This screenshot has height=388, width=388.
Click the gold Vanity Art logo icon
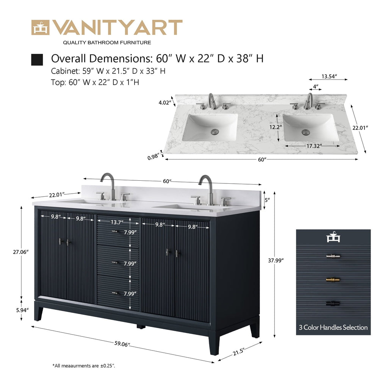[40, 27]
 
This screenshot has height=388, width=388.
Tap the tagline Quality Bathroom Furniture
[107, 42]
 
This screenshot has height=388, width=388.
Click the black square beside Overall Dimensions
[37, 59]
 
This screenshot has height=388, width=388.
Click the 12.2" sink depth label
[276, 127]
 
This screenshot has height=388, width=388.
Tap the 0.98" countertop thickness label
[153, 157]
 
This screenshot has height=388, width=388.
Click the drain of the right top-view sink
[306, 132]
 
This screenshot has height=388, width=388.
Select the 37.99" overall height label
[276, 260]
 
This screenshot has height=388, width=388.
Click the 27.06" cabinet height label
[21, 252]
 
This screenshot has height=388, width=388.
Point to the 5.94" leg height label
[22, 310]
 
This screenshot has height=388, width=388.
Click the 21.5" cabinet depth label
[239, 352]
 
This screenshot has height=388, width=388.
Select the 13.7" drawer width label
[117, 222]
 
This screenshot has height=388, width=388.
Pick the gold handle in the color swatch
[333, 280]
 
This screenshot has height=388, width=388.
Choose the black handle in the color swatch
[333, 303]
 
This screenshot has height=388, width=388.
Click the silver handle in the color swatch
[333, 257]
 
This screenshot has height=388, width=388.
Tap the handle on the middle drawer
[114, 263]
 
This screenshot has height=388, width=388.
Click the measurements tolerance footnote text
[84, 366]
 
